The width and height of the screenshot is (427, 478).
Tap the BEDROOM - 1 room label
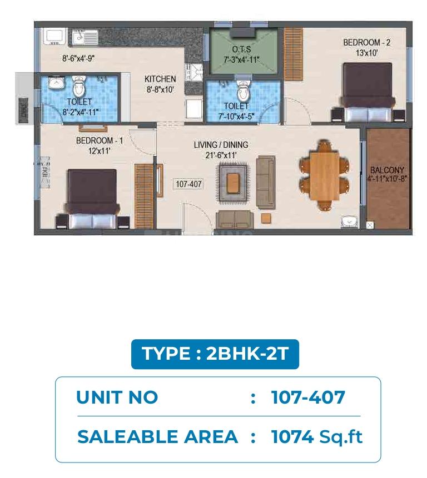pyautogui.click(x=100, y=141)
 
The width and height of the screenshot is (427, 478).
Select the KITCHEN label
pyautogui.click(x=160, y=79)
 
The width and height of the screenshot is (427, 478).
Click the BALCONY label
pyautogui.click(x=387, y=170)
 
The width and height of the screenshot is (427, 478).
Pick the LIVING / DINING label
pyautogui.click(x=221, y=145)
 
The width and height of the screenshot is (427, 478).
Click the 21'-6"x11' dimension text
pyautogui.click(x=221, y=155)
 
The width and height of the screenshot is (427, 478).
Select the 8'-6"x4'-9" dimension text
pyautogui.click(x=78, y=58)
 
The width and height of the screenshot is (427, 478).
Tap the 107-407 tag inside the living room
pyautogui.click(x=188, y=184)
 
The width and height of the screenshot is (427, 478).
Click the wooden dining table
pyautogui.click(x=324, y=176)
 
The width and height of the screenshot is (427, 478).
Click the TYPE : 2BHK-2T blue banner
pyautogui.click(x=215, y=354)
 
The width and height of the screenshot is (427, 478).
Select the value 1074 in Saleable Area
pyautogui.click(x=292, y=437)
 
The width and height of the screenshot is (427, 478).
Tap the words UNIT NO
pyautogui.click(x=117, y=398)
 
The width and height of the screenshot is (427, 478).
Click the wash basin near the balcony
pyautogui.click(x=349, y=222)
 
